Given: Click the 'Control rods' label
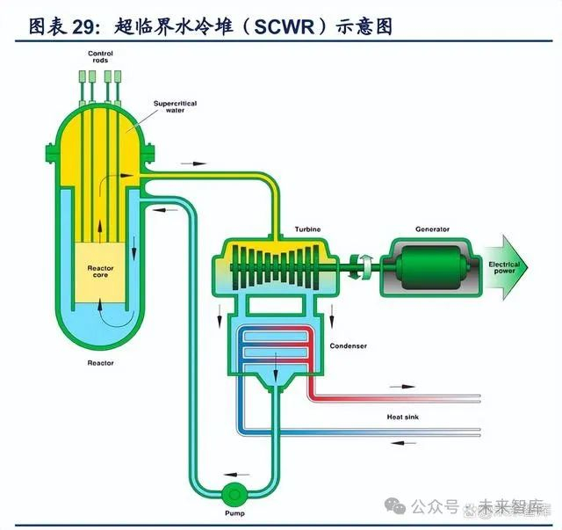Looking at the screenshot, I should [100, 57].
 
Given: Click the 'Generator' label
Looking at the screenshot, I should [432, 229].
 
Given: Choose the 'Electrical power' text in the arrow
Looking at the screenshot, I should [504, 267].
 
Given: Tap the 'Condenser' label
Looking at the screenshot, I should [348, 345].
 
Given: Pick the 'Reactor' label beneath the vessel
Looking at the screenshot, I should [100, 362].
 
